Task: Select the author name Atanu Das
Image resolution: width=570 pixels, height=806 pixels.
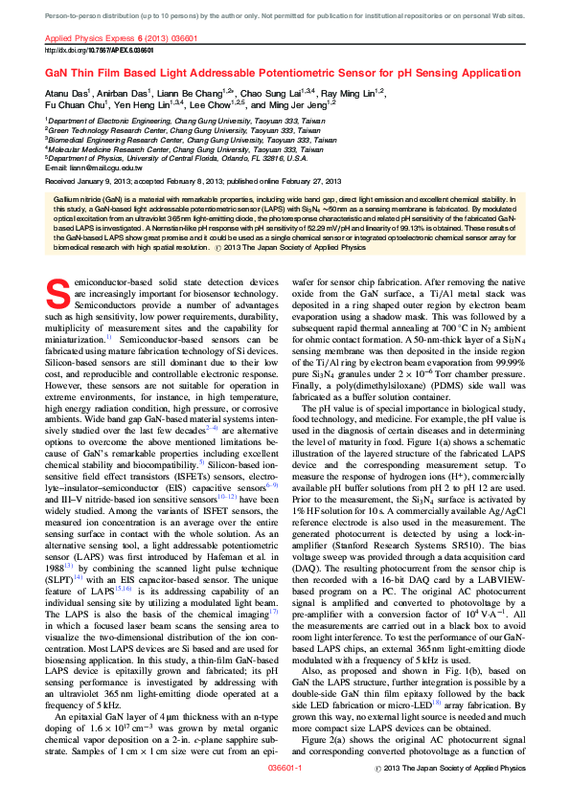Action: (x=66, y=93)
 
